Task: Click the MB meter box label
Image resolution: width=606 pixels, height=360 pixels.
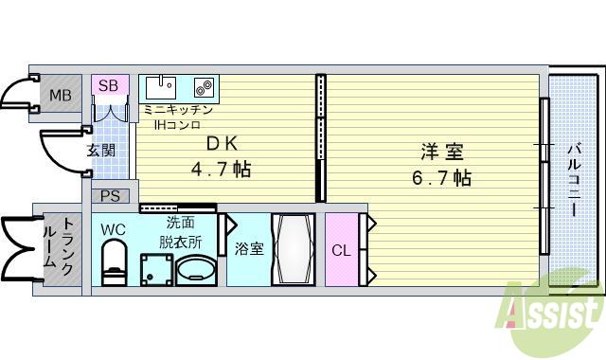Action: [x=60, y=95]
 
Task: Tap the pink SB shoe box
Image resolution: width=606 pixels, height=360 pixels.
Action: [x=109, y=86]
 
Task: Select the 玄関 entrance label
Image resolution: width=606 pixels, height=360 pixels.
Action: [x=101, y=150]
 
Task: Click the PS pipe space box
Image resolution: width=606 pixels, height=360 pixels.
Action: [x=110, y=197]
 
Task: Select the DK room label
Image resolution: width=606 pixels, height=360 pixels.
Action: [x=223, y=145]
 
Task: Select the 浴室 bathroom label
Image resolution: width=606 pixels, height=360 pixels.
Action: [x=249, y=249]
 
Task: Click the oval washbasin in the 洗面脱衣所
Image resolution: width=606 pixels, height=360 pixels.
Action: [x=196, y=269]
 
